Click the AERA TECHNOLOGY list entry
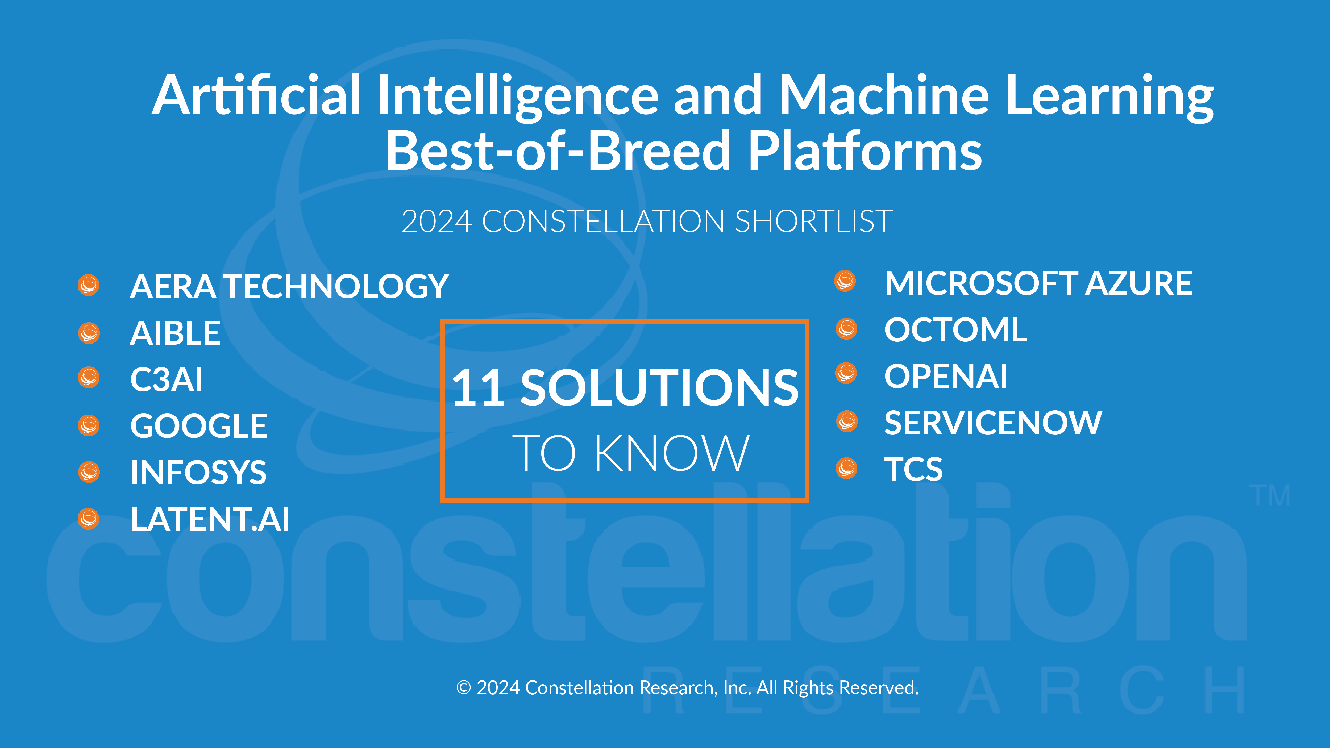click(289, 286)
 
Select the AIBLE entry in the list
click(175, 333)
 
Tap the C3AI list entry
click(166, 379)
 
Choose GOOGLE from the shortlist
click(199, 426)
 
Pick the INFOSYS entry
click(198, 472)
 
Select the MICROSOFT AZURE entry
click(1038, 283)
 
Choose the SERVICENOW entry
click(993, 423)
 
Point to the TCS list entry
click(913, 469)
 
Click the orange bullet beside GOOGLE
click(89, 425)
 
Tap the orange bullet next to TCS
click(847, 468)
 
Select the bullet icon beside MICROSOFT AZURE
click(845, 281)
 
